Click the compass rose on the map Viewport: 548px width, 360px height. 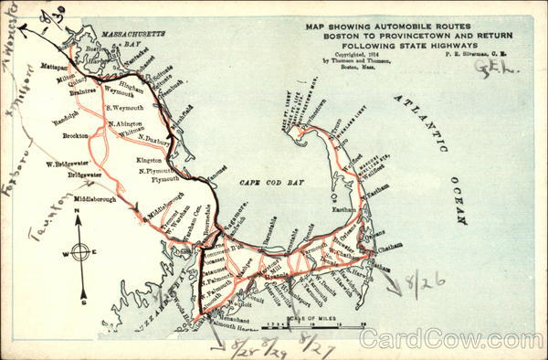79,252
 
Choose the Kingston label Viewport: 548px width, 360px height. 149,160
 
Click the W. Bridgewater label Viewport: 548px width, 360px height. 65,164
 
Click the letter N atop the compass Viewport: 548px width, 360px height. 79,213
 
